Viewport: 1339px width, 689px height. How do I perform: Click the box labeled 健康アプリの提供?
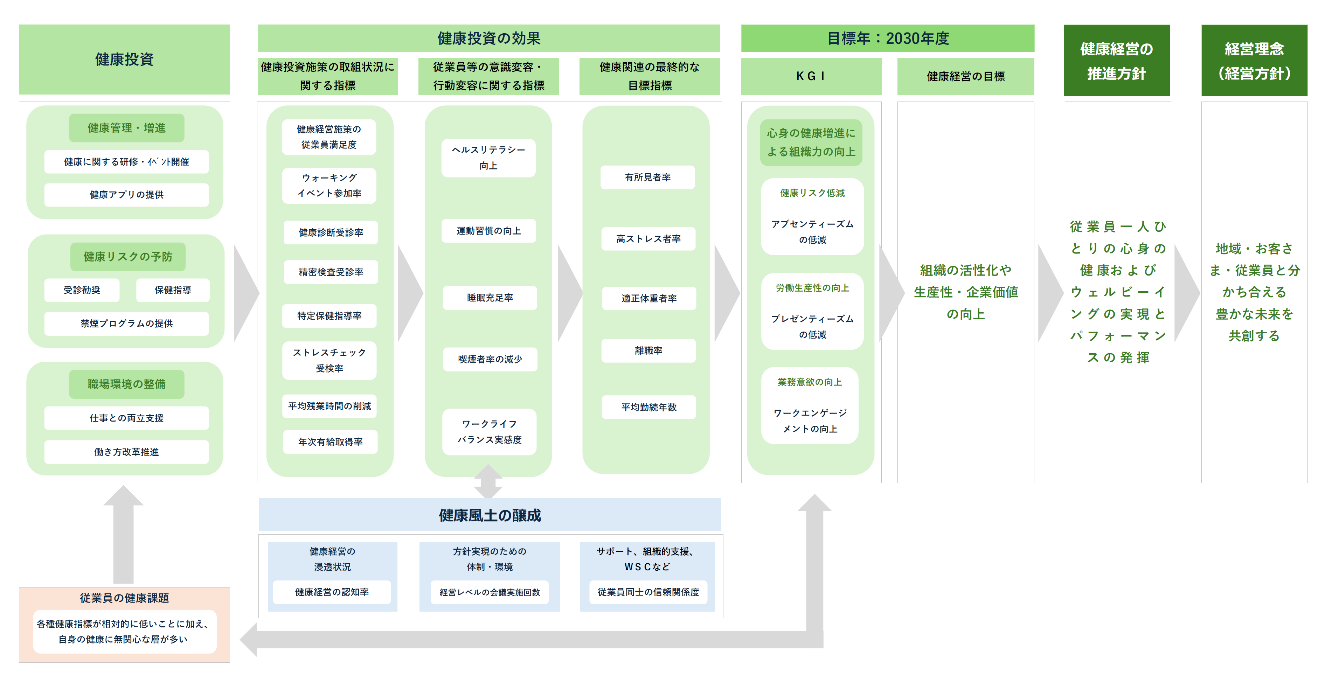coord(126,195)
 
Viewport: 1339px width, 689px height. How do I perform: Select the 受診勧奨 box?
coord(82,290)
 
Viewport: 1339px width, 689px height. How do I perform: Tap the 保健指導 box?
coord(173,290)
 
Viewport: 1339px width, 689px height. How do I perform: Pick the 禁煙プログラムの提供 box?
coord(126,323)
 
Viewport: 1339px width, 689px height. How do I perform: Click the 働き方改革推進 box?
coord(126,452)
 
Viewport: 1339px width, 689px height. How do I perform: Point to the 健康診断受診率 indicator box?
coord(331,232)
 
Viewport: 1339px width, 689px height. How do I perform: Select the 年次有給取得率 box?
coord(331,442)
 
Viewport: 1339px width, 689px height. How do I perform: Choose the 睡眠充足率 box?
coord(490,298)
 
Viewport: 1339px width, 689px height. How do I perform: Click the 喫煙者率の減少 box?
coord(490,359)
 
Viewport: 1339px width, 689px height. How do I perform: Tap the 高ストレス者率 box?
coord(648,239)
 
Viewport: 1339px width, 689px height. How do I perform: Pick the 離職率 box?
coord(648,351)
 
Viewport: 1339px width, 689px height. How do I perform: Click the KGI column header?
coord(811,76)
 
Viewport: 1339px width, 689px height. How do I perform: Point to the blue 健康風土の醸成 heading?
coord(490,515)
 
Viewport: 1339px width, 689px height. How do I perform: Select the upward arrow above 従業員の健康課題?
coord(123,535)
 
